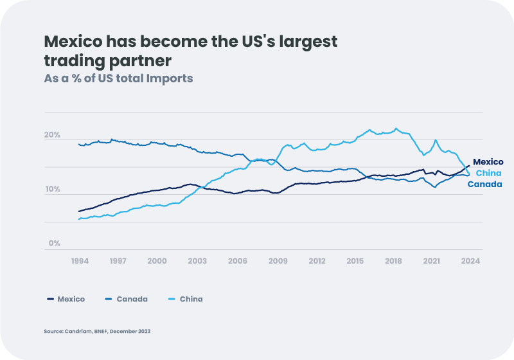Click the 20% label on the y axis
[52, 136]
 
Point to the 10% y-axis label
[52, 190]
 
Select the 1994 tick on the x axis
[79, 261]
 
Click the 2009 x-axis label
[278, 261]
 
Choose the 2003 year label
[197, 261]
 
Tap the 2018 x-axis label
[393, 261]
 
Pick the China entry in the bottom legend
[191, 299]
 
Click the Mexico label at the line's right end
[488, 162]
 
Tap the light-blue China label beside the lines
[488, 174]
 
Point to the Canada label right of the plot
[484, 184]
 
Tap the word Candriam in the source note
[73, 331]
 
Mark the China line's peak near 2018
[396, 129]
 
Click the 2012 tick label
[317, 261]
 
